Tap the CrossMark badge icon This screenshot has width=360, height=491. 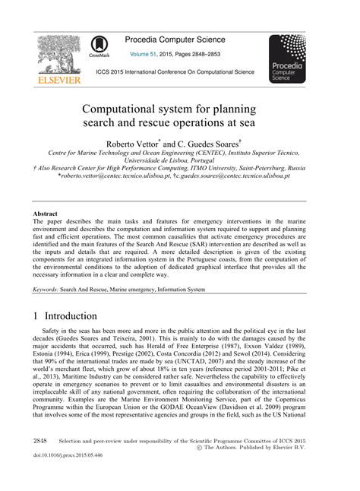[x=99, y=46]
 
